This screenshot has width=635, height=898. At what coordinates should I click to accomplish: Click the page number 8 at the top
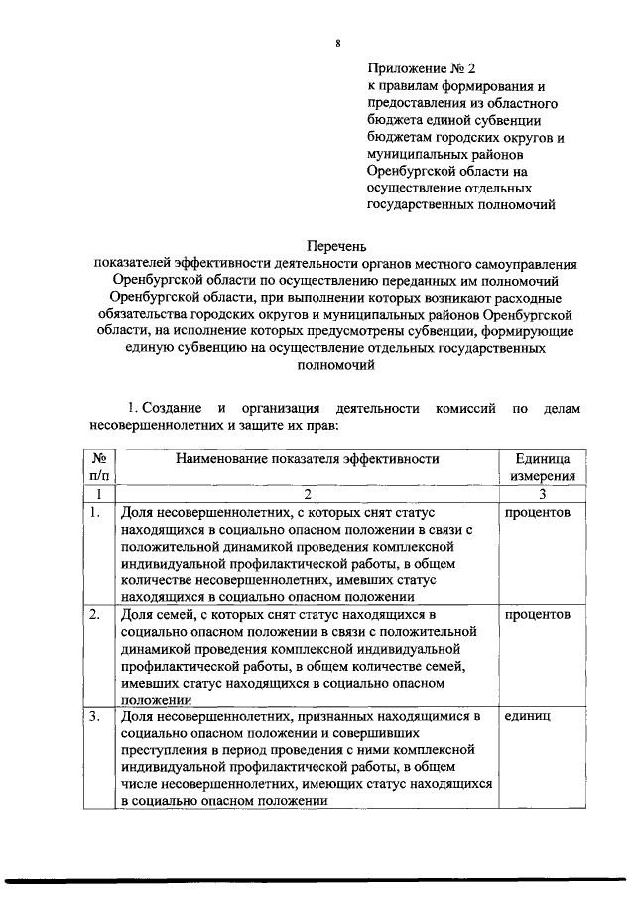click(338, 45)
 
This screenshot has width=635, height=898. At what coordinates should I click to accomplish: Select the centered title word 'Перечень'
click(337, 245)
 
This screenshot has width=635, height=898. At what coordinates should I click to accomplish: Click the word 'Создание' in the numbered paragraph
click(171, 408)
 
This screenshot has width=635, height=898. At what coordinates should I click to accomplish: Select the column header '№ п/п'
click(98, 468)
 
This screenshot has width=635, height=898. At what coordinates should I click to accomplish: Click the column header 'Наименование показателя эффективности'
click(307, 459)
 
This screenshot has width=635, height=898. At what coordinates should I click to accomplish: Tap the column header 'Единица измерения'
click(542, 468)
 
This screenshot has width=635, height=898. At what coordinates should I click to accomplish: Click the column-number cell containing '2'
click(307, 494)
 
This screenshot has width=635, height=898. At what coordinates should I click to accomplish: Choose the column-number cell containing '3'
click(542, 494)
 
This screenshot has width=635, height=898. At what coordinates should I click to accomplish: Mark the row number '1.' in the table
click(95, 513)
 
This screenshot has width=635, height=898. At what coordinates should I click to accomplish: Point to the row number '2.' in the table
click(95, 615)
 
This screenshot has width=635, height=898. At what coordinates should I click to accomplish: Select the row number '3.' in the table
click(95, 716)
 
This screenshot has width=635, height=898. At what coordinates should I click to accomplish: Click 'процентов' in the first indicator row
click(537, 513)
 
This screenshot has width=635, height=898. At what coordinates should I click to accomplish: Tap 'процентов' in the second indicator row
click(537, 615)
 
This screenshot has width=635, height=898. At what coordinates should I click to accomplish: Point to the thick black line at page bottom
click(317, 879)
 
